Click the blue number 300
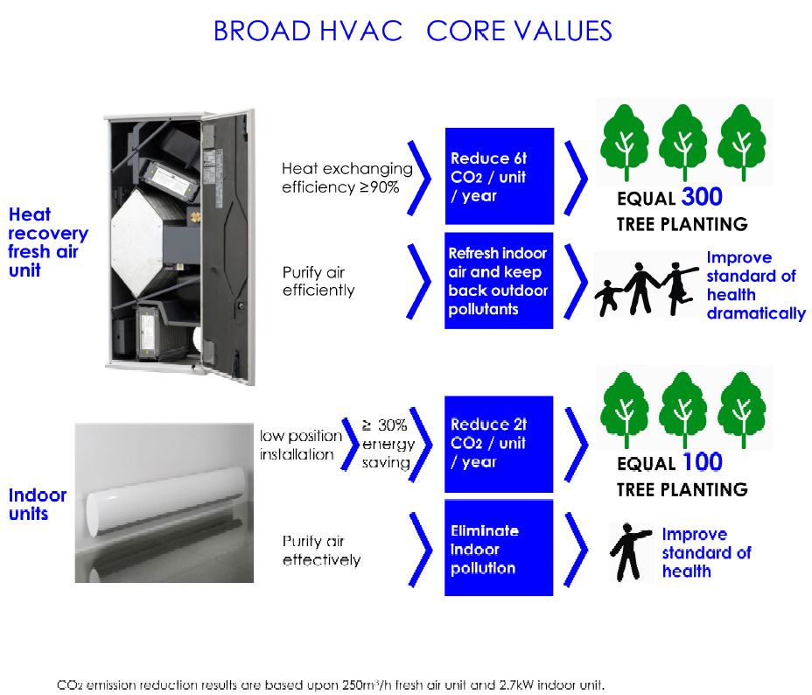coord(702,197)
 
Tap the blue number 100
coord(703,462)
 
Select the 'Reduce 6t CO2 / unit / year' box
coord(500,176)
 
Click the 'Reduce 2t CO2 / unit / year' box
coord(499,445)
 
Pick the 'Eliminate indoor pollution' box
coord(499,548)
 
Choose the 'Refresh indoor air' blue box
coord(499,281)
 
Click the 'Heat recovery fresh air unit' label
coord(47,242)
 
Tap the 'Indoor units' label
coord(38,504)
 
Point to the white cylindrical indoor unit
coord(165,502)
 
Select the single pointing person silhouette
coord(630,552)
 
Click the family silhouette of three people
coord(647,289)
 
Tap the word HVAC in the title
coord(361,31)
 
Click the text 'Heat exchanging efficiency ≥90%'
coord(347,178)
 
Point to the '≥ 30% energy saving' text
coord(388,444)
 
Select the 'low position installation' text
coord(301,445)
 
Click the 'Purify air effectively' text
coord(322,551)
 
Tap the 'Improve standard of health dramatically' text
coord(756,285)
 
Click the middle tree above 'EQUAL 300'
coord(683,143)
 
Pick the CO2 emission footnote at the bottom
coord(331,685)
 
